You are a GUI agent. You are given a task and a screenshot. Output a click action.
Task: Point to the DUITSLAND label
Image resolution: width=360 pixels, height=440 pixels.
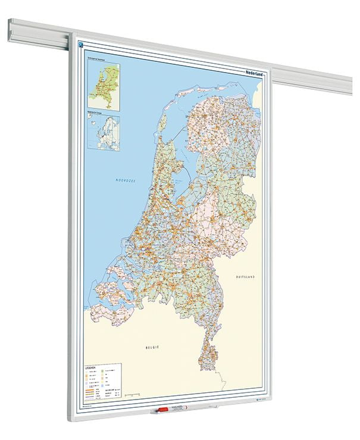(x=247, y=277)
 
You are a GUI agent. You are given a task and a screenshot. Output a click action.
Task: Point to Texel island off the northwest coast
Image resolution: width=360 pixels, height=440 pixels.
(x=162, y=121)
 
